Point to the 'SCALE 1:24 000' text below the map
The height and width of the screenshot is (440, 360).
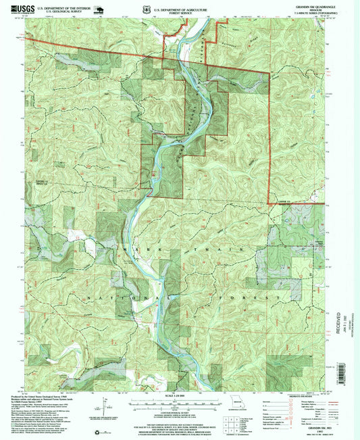[179, 394]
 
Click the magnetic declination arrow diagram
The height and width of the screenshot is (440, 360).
[106, 406]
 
